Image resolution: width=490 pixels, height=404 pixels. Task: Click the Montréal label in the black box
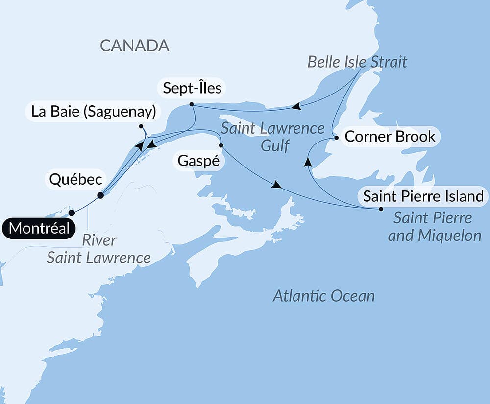pos(40,229)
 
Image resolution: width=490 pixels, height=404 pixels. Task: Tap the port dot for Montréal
pos(72,213)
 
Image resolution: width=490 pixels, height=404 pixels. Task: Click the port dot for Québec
pos(100,195)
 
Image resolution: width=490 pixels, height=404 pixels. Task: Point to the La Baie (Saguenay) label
pos(94,112)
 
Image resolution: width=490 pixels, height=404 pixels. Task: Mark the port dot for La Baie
pos(141,127)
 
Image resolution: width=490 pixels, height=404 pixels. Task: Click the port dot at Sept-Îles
pos(192,104)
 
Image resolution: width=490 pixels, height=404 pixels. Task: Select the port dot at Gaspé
pos(221,145)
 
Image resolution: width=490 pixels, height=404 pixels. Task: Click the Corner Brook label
pos(390,136)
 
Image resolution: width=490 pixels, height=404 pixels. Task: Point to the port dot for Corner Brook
pos(336,138)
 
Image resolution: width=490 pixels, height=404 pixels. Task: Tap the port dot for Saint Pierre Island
pos(381,209)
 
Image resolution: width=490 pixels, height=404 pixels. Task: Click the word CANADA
pos(135,46)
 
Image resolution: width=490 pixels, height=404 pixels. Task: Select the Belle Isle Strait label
pos(357,62)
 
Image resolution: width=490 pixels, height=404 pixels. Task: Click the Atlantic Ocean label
pos(324,296)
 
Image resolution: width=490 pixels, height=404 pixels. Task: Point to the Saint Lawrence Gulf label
pos(272,137)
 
